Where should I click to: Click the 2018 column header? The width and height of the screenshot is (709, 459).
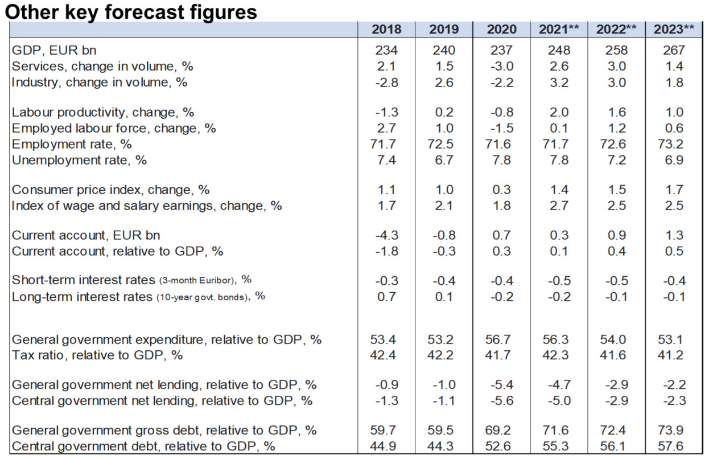point(386,30)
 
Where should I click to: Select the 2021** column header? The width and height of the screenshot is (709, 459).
point(559,30)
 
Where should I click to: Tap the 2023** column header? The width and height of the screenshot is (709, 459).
point(674,30)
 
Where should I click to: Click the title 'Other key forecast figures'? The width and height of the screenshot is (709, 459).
point(131,11)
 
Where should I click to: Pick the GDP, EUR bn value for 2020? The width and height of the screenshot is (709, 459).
point(501,50)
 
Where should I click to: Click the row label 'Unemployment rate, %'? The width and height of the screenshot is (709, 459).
point(79,160)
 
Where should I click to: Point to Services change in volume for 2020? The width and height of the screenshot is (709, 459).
point(501,66)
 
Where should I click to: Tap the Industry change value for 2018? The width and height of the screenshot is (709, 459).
point(386,82)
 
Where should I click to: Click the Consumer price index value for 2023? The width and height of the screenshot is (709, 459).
point(674,190)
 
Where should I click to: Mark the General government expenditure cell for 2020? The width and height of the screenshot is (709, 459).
point(501,339)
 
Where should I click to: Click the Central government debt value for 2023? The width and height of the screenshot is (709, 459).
point(674,445)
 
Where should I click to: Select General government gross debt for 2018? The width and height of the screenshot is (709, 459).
point(386,429)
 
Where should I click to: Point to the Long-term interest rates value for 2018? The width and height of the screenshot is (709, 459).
point(386,296)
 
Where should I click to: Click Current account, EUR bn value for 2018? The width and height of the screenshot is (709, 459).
point(386,235)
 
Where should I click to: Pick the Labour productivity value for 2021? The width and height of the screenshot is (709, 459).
point(559,112)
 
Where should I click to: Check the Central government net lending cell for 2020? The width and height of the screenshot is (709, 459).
point(501,400)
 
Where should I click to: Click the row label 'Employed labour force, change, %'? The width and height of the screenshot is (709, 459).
point(114,128)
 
